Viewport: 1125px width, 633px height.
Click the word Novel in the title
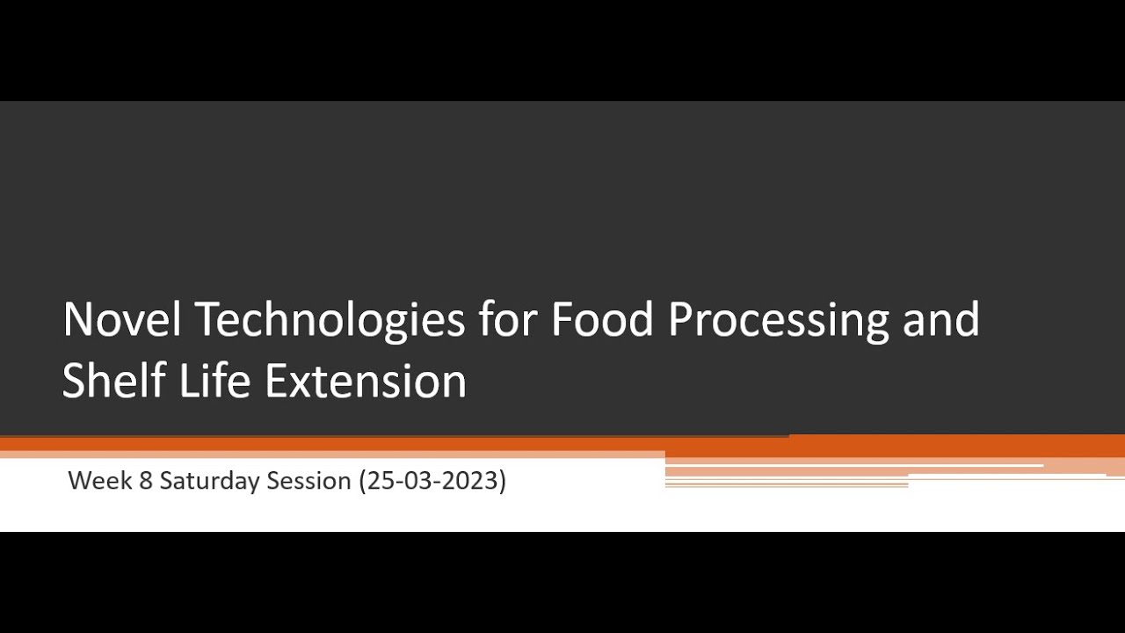click(121, 319)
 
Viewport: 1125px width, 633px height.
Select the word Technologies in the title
click(330, 321)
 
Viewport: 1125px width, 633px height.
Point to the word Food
click(603, 319)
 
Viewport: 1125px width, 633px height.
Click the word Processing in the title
click(779, 321)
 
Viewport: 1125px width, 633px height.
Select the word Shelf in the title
click(113, 381)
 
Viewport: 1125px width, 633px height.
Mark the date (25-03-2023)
click(432, 481)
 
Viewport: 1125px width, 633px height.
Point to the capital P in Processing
click(680, 319)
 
